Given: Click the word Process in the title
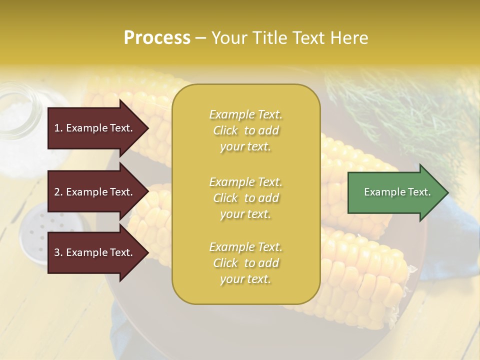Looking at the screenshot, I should pos(157,37).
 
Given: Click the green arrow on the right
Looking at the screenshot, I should pos(395,192).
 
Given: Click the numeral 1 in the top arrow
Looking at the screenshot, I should pos(57,128).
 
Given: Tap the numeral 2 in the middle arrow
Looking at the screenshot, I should pos(57,192).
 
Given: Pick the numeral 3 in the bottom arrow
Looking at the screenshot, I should pos(57,252).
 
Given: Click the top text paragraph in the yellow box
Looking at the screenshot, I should pos(245,130).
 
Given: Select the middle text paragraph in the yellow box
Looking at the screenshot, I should pos(245,198).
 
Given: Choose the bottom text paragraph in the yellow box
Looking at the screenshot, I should pos(245,263).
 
